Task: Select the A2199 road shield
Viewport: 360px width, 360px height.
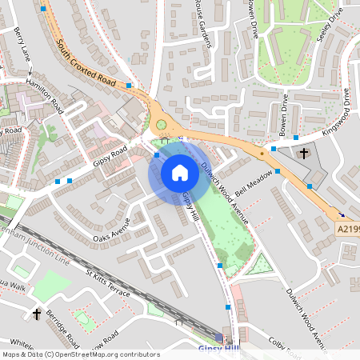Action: (346, 229)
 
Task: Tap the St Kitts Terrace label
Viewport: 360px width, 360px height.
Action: (107, 285)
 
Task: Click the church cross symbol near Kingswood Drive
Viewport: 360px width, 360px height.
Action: (304, 153)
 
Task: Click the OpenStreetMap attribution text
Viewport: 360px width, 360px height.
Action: (80, 354)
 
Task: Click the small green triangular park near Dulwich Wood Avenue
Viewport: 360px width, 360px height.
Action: (260, 265)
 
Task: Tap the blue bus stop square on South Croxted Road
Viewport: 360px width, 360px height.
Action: (129, 84)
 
